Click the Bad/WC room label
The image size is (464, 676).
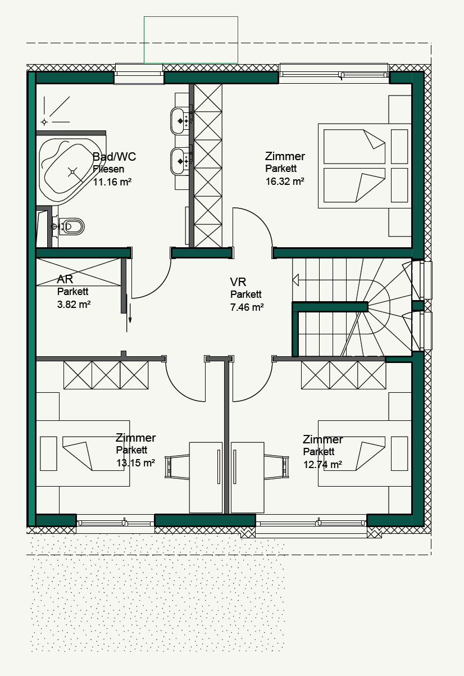[x=114, y=157]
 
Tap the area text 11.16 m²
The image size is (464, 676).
[x=112, y=182]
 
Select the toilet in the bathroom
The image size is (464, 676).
[x=71, y=226]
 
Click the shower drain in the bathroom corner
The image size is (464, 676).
[x=44, y=121]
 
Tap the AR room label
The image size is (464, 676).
[x=65, y=279]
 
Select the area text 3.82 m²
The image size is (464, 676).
[x=74, y=304]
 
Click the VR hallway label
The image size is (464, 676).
[x=238, y=282]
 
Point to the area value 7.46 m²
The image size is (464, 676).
[x=247, y=307]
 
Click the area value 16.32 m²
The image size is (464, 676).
[x=285, y=182]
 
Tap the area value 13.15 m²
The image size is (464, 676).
[x=135, y=462]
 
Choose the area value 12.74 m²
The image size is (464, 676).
[x=322, y=464]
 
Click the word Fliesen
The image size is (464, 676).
[x=108, y=169]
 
